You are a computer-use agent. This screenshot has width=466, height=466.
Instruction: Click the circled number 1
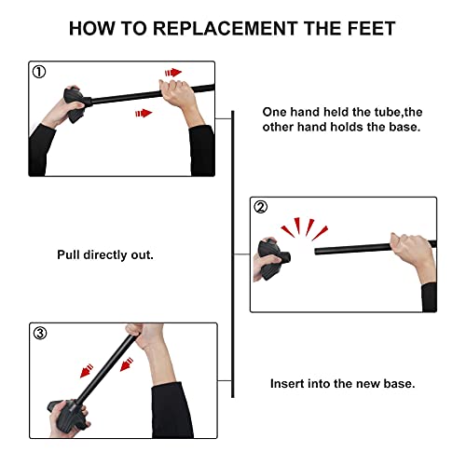click(x=39, y=71)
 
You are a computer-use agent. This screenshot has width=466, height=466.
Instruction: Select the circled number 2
click(x=262, y=208)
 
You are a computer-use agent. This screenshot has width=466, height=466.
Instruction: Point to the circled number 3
click(x=39, y=333)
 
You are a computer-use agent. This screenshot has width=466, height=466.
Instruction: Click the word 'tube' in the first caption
click(x=374, y=109)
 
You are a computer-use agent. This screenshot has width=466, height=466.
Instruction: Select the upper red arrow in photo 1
click(x=172, y=72)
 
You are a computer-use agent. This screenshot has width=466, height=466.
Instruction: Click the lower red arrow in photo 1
click(x=141, y=113)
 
